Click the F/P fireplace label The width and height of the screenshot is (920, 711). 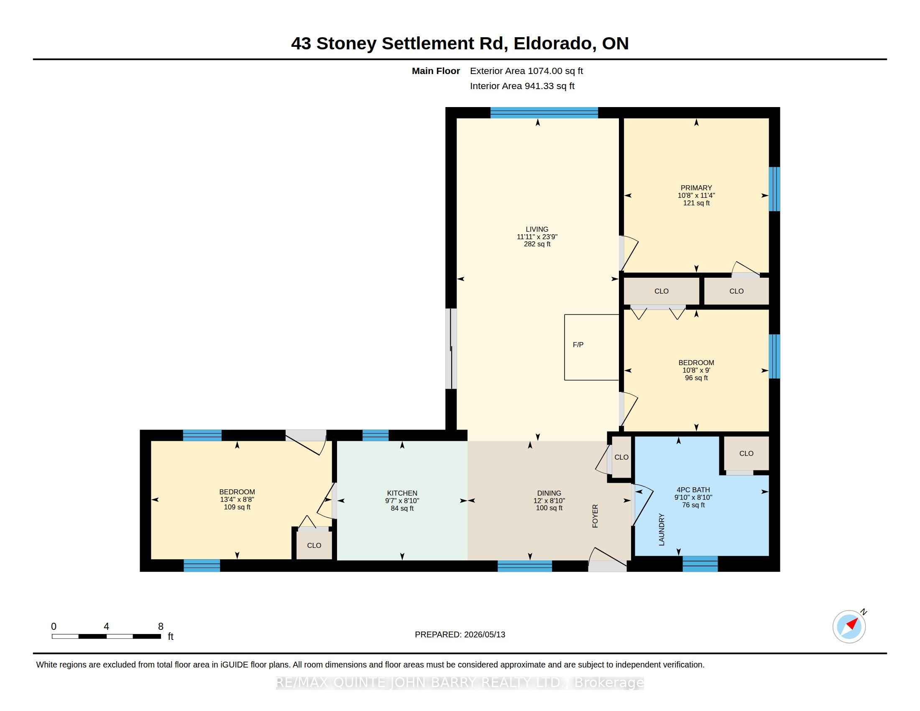578,345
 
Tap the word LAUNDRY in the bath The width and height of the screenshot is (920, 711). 662,529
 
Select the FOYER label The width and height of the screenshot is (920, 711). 595,516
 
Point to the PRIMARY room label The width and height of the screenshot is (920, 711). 696,188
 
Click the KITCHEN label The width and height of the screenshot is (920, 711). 402,493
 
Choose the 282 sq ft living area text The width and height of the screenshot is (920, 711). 537,244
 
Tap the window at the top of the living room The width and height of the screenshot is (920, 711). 544,113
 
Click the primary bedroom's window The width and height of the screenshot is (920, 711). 774,189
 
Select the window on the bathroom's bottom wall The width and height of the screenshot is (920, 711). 700,564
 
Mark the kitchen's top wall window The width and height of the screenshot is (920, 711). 376,435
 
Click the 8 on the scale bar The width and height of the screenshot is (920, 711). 161,627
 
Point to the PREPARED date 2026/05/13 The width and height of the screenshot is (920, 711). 484,634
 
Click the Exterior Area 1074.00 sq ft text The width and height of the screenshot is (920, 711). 526,71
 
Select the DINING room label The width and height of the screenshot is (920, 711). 549,493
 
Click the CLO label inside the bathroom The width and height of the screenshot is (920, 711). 746,454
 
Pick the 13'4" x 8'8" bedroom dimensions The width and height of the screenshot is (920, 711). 237,499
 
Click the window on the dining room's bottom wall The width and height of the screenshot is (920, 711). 525,566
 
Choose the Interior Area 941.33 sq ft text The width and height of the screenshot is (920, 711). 522,86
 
